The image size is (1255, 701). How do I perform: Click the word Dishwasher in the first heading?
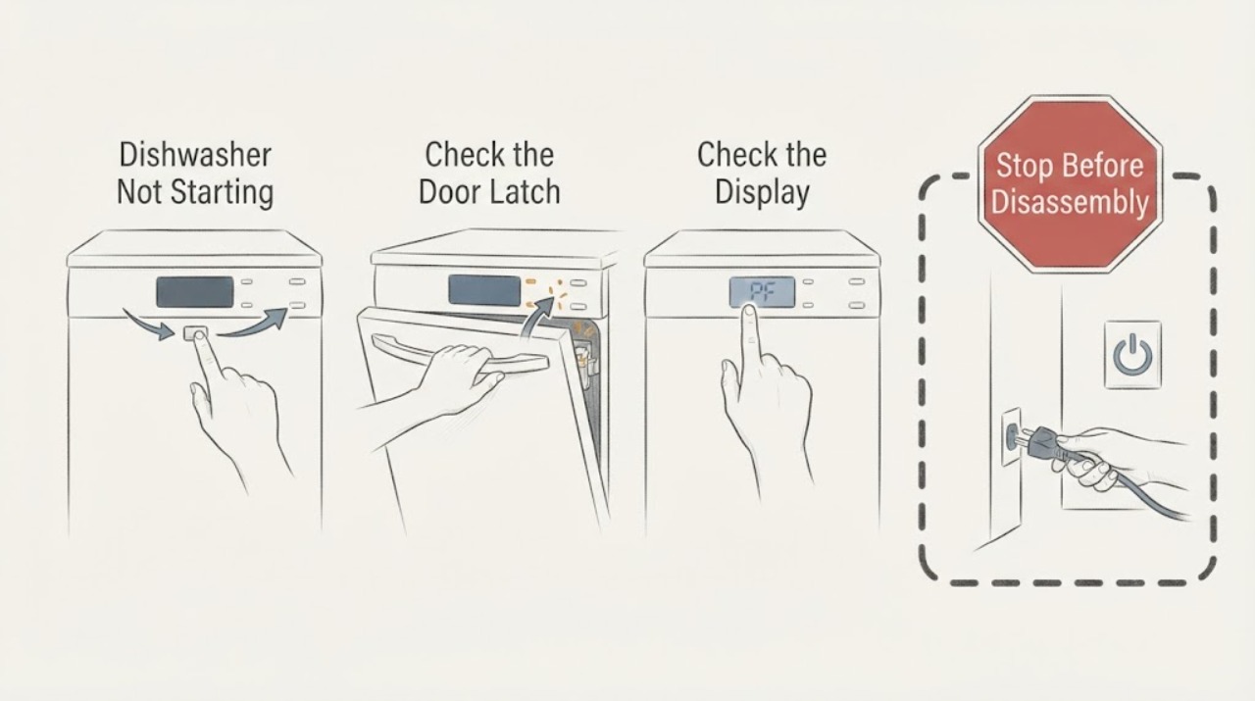coord(195,155)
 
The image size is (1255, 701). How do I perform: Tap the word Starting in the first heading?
coord(222,192)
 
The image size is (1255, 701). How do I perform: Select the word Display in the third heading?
coord(762,193)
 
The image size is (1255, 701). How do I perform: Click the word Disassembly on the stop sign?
coord(1070,202)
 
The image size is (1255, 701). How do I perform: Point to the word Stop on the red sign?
coord(1024,166)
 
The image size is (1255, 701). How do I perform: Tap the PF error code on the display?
coord(762,292)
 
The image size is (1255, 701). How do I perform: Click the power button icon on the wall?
coord(1132,355)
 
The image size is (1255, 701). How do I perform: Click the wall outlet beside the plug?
coord(1011,436)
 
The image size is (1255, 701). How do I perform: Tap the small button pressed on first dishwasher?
coord(195,332)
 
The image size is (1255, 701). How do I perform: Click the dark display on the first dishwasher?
coord(195,292)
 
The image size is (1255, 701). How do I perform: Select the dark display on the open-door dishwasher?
coord(484,290)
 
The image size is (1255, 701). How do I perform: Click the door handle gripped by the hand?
coord(460,354)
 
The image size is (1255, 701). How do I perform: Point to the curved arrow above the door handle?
coord(536,315)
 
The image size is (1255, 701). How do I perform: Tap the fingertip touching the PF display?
coord(748,312)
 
